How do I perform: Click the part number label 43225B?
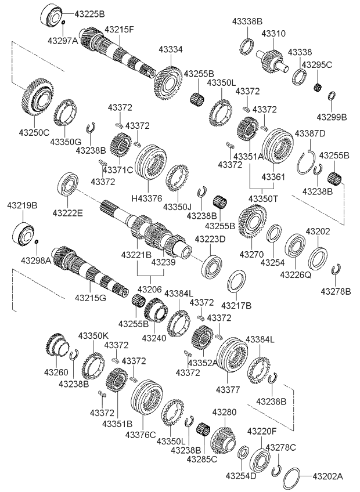[90, 12]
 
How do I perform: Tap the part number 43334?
[172, 50]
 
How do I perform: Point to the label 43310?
[273, 34]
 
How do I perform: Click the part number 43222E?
[69, 213]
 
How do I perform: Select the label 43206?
[149, 289]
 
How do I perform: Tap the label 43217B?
[236, 305]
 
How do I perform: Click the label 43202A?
[328, 476]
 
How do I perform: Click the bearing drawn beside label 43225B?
[52, 15]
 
